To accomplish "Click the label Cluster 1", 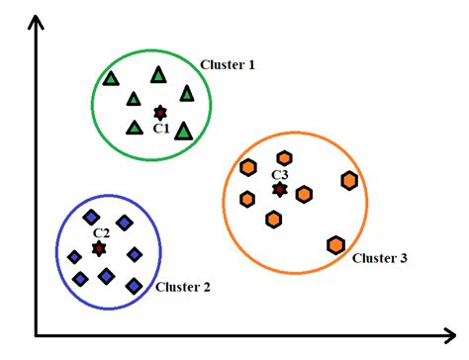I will pyautogui.click(x=228, y=65).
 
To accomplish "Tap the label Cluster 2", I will pyautogui.click(x=183, y=288).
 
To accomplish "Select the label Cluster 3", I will pyautogui.click(x=379, y=258).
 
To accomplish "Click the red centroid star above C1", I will pyautogui.click(x=160, y=114).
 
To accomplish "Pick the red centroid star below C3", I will pyautogui.click(x=280, y=189).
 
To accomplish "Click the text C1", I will pyautogui.click(x=161, y=130).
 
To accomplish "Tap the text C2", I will pyautogui.click(x=101, y=233).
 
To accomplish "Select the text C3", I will pyautogui.click(x=280, y=175).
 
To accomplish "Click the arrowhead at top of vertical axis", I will pyautogui.click(x=37, y=21).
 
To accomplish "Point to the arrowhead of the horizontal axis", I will pyautogui.click(x=457, y=333).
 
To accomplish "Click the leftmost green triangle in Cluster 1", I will pyautogui.click(x=111, y=79).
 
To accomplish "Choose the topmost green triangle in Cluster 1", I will pyautogui.click(x=158, y=74).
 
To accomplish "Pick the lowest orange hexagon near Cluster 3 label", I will pyautogui.click(x=335, y=244).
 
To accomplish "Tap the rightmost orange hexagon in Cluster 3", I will pyautogui.click(x=349, y=180).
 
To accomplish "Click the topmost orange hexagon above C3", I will pyautogui.click(x=285, y=158).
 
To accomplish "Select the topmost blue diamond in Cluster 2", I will pyautogui.click(x=91, y=217).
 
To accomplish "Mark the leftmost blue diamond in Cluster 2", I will pyautogui.click(x=74, y=257).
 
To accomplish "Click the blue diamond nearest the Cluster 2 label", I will pyautogui.click(x=134, y=286).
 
